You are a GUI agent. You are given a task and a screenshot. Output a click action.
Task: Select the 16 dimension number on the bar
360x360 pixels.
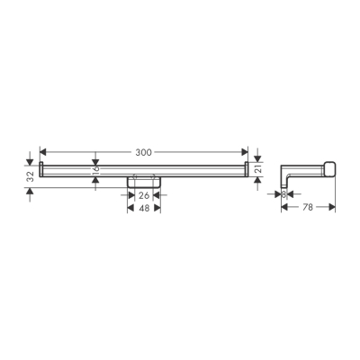pos(96,168)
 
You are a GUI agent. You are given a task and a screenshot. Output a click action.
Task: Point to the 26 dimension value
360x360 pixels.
pos(143,196)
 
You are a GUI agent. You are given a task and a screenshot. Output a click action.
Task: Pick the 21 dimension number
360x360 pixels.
pos(257,168)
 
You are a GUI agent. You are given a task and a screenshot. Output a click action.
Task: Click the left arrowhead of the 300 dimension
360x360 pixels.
pos(44,151)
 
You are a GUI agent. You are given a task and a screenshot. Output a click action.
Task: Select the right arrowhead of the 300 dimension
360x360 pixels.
pos(244,151)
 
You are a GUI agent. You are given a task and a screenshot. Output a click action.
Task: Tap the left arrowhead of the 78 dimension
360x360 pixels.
pos(284,208)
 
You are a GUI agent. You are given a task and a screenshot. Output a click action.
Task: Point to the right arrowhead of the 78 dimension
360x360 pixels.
pos(332,208)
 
